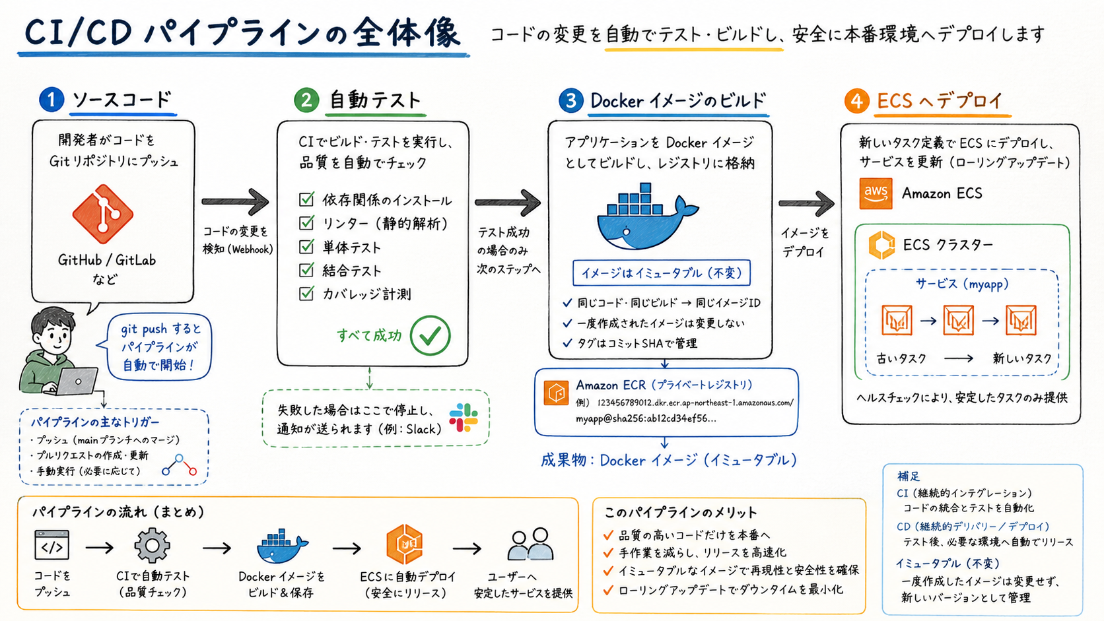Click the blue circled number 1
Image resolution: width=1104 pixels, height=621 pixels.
click(52, 100)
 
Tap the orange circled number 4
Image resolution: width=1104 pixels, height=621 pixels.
click(856, 101)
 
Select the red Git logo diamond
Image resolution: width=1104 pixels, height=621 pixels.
click(103, 214)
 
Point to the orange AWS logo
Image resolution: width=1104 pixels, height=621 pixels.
click(876, 193)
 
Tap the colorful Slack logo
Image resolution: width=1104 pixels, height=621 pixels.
click(464, 418)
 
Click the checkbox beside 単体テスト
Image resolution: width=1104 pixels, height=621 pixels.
click(306, 246)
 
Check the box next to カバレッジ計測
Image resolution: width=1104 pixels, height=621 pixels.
click(306, 294)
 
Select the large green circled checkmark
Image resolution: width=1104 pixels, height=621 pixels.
click(431, 335)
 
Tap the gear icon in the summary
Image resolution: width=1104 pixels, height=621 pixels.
click(153, 545)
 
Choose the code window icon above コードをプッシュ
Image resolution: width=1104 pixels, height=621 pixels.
click(52, 544)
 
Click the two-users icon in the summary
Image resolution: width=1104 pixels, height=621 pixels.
click(530, 544)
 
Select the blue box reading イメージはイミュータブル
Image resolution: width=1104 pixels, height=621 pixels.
click(662, 273)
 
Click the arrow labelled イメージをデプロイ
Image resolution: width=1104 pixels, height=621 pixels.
click(806, 203)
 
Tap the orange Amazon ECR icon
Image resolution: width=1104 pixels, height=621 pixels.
click(556, 393)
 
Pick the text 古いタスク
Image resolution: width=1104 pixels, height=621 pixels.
click(901, 358)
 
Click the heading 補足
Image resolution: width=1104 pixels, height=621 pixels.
click(909, 476)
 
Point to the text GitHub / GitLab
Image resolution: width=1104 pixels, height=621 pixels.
click(107, 260)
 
